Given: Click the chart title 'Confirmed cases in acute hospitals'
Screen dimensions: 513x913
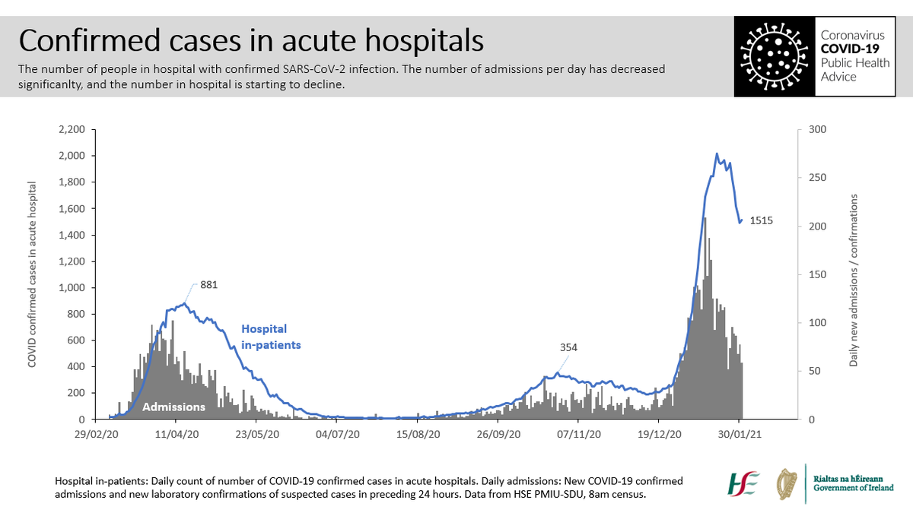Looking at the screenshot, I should (251, 40).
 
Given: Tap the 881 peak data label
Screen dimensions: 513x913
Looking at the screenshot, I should (210, 286).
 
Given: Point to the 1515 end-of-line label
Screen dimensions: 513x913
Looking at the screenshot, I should (762, 221).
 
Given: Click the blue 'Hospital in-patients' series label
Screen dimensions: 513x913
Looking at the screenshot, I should (270, 337).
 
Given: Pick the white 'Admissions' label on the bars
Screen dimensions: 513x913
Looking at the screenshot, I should (175, 407).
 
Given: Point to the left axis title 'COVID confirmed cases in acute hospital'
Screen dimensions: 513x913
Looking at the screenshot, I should (33, 274).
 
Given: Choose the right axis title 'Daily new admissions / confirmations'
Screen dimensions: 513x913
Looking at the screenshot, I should (854, 280).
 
